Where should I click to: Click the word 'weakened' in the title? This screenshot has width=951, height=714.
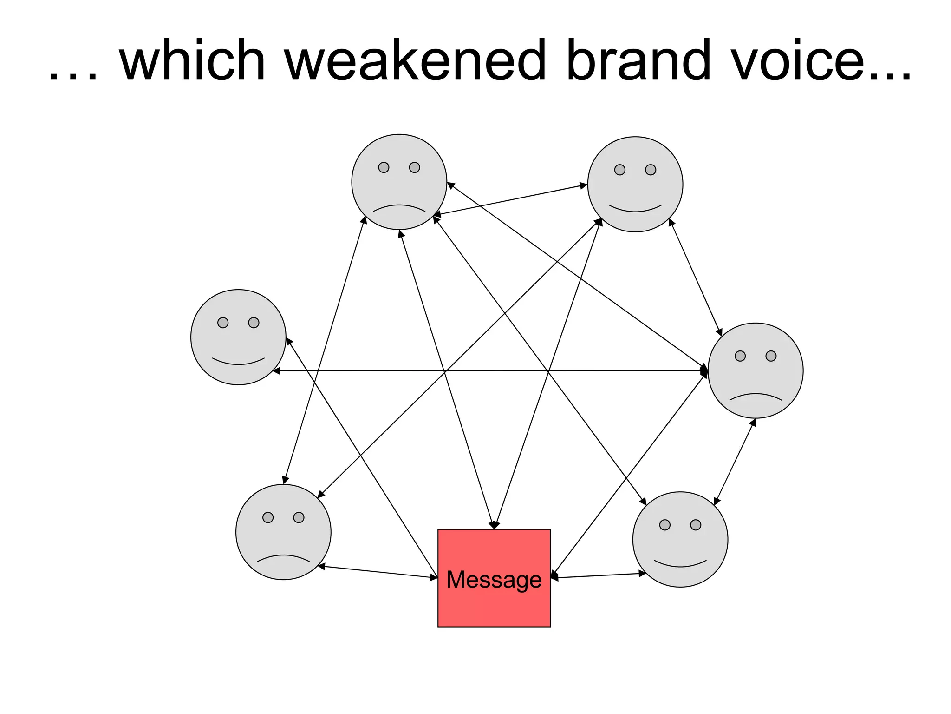click(x=416, y=60)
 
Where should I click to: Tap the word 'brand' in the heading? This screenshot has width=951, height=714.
click(x=638, y=60)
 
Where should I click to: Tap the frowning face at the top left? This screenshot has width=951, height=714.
click(x=399, y=182)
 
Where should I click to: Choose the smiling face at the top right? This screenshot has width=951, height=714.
click(x=635, y=184)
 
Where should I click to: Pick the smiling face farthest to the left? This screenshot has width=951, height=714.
click(x=238, y=337)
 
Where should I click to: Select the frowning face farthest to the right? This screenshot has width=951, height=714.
click(x=756, y=370)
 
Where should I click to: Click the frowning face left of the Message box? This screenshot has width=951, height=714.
click(x=283, y=532)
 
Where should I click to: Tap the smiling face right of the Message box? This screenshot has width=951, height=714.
click(x=680, y=539)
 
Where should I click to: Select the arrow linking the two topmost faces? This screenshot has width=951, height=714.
click(x=511, y=200)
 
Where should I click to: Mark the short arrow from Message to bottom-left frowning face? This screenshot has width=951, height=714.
click(x=378, y=572)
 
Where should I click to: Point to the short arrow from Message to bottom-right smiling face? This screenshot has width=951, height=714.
click(x=599, y=575)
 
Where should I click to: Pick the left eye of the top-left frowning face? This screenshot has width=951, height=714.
click(x=384, y=167)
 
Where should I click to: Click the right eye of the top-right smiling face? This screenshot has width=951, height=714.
click(x=651, y=170)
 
